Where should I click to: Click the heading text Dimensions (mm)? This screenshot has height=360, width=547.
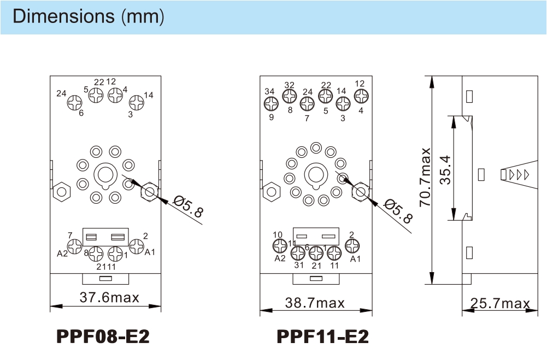89,16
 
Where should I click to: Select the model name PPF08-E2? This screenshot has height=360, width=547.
103,337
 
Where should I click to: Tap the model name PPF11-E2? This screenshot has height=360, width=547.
322,337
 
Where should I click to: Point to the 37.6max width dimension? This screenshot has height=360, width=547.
109,298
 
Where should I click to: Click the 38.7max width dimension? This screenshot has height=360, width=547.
315,303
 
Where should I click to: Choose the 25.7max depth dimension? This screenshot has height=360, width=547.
500,303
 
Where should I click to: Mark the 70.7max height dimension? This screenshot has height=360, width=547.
425,177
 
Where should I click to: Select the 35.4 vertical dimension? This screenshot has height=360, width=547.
445,170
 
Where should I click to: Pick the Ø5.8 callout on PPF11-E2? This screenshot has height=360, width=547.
398,211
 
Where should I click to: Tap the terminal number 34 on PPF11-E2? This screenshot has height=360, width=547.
269,91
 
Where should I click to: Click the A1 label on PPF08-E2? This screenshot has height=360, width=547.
150,252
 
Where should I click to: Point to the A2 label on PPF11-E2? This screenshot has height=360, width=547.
280,258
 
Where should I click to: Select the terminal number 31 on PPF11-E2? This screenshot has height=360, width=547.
299,265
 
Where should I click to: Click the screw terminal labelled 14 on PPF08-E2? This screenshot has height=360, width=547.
137,103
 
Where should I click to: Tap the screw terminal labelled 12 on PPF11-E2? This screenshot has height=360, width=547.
361,96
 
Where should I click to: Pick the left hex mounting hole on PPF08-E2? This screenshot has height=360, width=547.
61,192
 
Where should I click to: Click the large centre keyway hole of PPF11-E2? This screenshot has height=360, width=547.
316,174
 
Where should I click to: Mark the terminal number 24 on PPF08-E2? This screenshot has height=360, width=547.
61,93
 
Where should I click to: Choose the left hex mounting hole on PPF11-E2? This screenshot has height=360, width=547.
271,192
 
